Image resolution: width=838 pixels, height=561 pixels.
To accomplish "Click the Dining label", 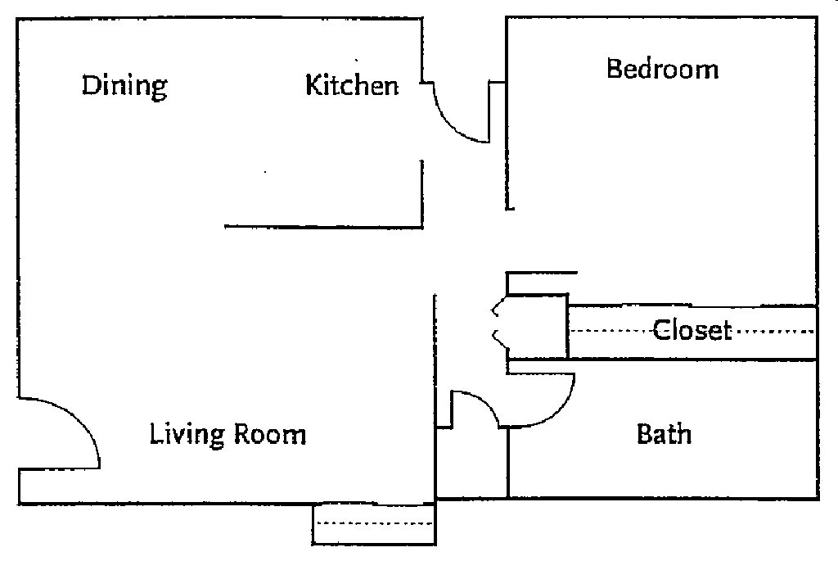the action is click(124, 86).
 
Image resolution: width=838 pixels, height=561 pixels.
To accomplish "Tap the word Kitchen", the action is click(352, 85).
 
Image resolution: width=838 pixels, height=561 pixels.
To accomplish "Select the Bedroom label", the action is click(662, 69).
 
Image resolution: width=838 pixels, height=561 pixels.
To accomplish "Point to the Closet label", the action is click(692, 330).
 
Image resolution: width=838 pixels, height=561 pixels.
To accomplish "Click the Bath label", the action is click(664, 434).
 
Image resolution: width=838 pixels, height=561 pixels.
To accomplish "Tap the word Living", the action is click(187, 434).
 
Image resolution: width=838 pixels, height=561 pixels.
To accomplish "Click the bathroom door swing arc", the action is click(558, 410).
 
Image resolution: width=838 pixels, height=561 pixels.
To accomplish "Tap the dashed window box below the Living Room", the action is click(374, 524).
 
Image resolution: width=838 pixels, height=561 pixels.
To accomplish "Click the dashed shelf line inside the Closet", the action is click(692, 331).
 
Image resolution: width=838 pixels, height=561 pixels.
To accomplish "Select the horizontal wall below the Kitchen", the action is click(324, 227).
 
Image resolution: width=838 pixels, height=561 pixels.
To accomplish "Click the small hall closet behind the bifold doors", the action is click(537, 326).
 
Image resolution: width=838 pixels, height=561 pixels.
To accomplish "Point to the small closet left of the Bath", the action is click(472, 463).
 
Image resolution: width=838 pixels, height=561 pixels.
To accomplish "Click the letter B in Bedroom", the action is click(614, 69).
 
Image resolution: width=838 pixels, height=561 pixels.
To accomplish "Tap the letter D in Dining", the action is click(91, 85).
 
